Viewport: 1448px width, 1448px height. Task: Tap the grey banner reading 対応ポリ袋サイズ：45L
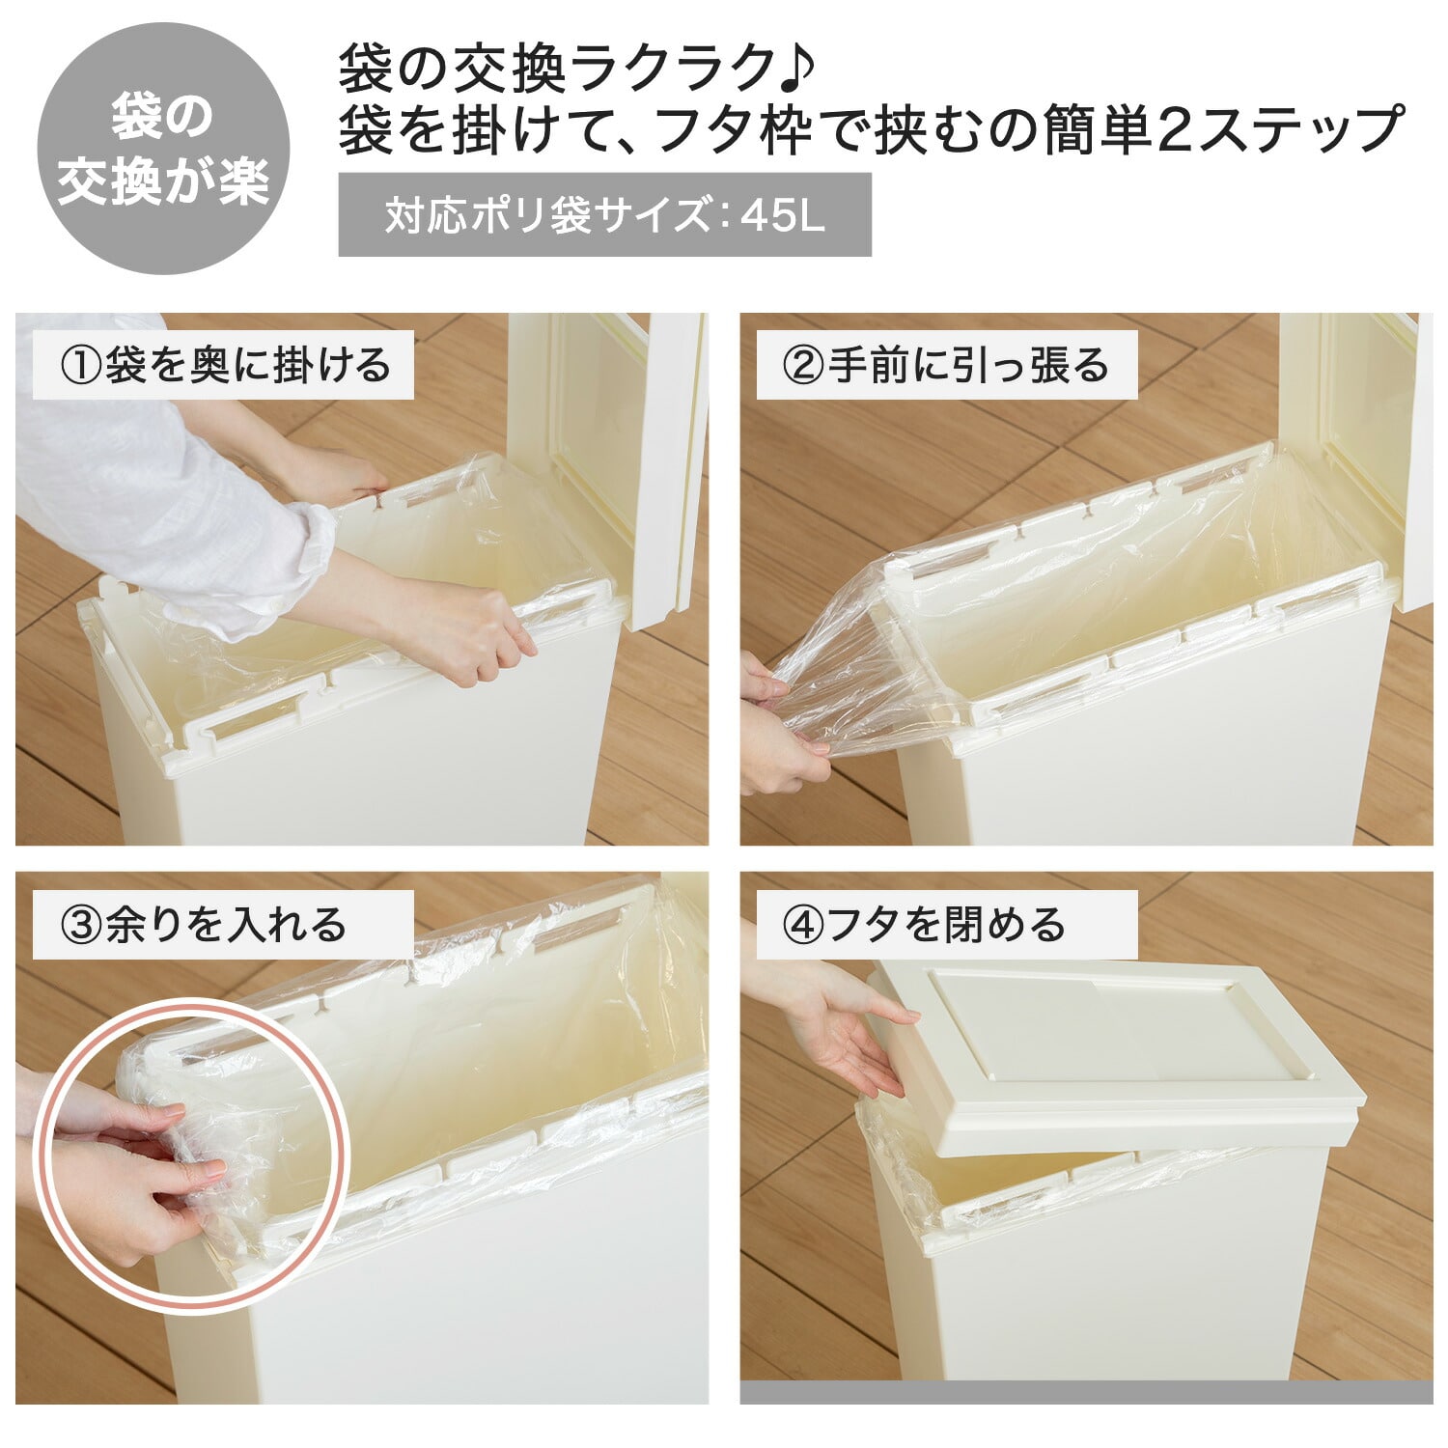pyautogui.click(x=604, y=214)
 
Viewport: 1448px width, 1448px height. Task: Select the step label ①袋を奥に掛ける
pyautogui.click(x=224, y=365)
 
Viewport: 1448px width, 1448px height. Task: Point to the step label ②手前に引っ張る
pyautogui.click(x=946, y=365)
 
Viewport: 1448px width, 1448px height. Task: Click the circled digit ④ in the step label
pyautogui.click(x=801, y=926)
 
